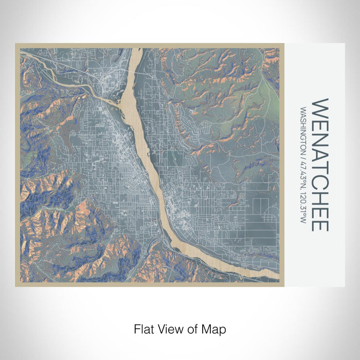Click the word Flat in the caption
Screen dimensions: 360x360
(x=142, y=328)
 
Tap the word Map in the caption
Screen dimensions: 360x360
(x=217, y=328)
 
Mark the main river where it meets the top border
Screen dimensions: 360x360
(x=136, y=49)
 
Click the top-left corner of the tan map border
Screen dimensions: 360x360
(x=16, y=44)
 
